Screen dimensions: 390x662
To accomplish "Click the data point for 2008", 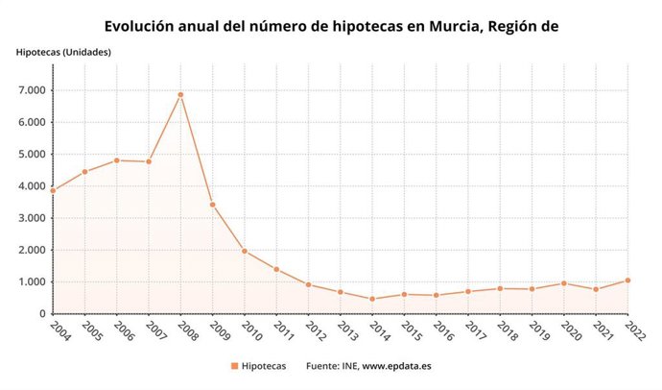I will tap(180, 95).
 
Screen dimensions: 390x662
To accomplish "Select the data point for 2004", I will tap(53, 190).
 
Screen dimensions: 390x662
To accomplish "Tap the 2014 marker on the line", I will tap(372, 299).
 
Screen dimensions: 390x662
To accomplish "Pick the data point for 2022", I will tap(627, 280).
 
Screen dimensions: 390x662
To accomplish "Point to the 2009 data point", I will tap(212, 205).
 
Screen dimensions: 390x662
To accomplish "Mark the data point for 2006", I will tap(117, 160).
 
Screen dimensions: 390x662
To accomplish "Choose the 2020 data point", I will tap(564, 283).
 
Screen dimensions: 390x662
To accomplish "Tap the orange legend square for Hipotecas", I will tap(234, 366).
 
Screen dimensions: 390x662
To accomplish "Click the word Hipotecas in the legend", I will tap(264, 366).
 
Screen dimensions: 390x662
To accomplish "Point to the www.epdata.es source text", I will tap(396, 366).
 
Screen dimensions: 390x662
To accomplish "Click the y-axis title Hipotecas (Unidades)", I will tap(63, 51).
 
